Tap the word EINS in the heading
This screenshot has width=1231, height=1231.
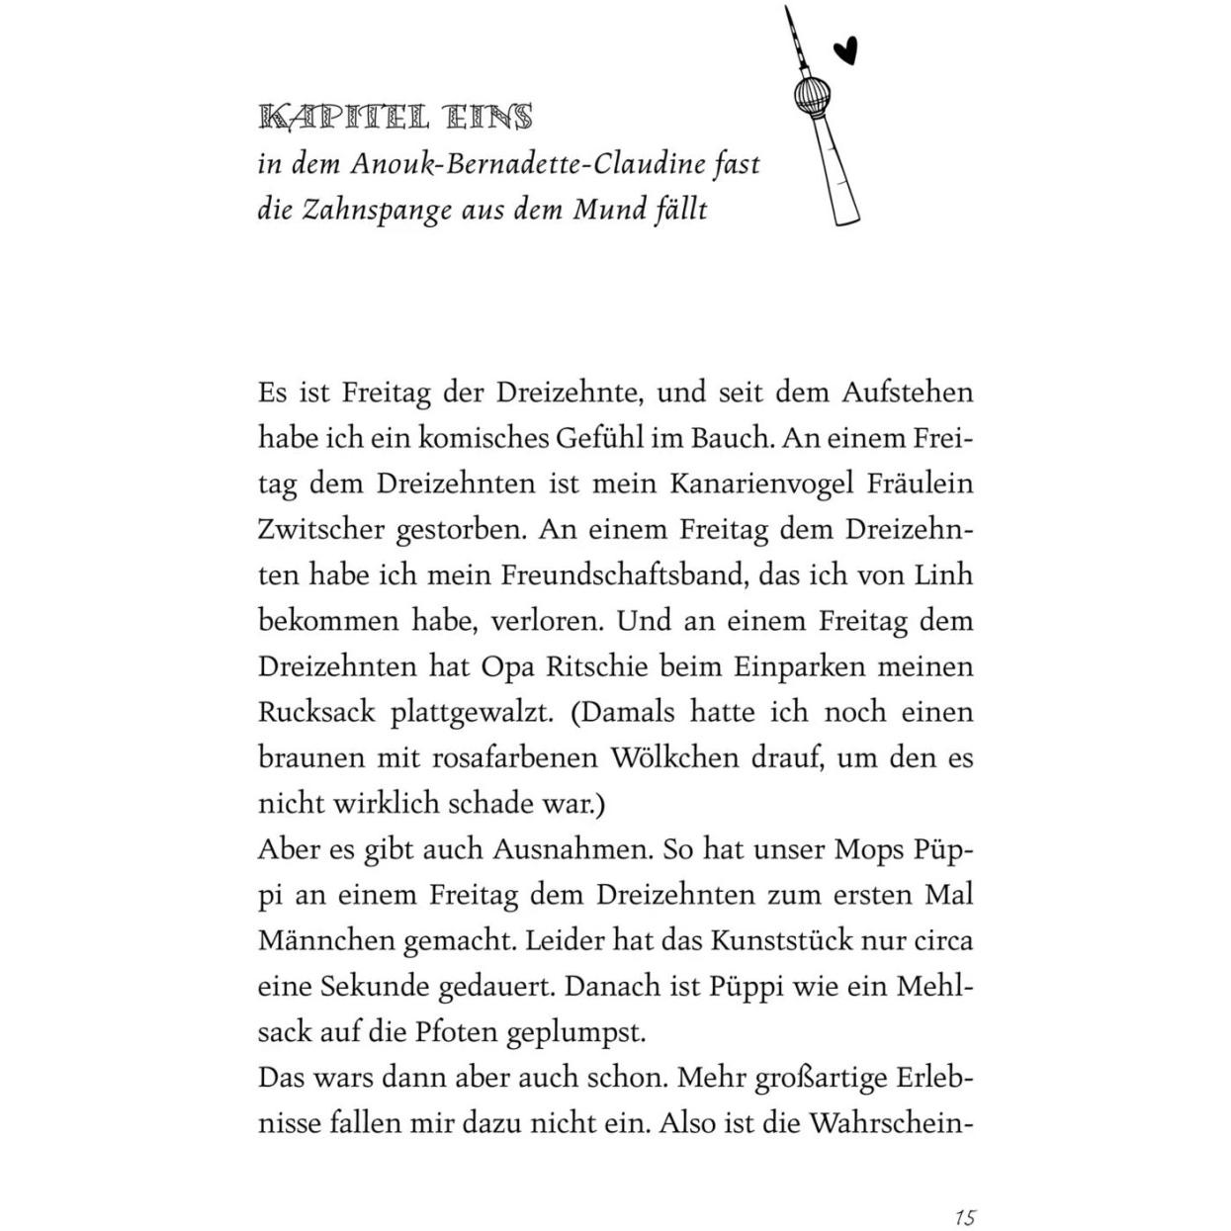(x=488, y=118)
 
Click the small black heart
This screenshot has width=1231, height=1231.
(x=844, y=49)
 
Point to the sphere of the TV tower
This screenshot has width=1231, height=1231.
(x=812, y=96)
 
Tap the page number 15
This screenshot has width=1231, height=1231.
(x=966, y=1216)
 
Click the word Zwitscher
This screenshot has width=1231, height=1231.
(x=321, y=530)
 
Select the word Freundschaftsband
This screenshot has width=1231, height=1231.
(x=624, y=575)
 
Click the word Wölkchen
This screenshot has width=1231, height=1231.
(x=665, y=757)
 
